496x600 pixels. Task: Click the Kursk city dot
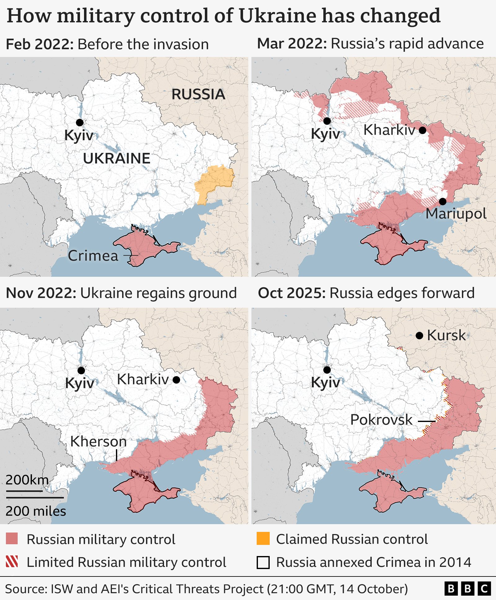point(419,336)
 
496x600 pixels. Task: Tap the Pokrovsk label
point(381,420)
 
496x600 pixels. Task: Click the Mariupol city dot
point(443,202)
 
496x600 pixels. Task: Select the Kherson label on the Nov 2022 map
point(98,441)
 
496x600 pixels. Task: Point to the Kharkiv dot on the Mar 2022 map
point(423,130)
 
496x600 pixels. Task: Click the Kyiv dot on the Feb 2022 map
point(80,123)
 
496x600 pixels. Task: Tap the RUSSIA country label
point(198,94)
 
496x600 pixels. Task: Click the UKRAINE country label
point(117,159)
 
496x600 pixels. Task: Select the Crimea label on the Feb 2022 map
point(93,256)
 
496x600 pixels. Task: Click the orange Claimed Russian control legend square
point(263,539)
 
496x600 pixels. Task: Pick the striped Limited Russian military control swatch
point(12,562)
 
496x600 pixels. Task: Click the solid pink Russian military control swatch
point(12,539)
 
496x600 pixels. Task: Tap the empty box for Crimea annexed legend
point(263,562)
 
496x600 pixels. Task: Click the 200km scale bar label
point(27,480)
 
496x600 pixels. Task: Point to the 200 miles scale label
point(36,511)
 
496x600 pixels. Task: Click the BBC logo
point(467,589)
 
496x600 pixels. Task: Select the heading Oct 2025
point(291,293)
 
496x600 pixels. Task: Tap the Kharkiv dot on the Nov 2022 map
point(176,380)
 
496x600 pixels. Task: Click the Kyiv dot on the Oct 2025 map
point(327,370)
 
